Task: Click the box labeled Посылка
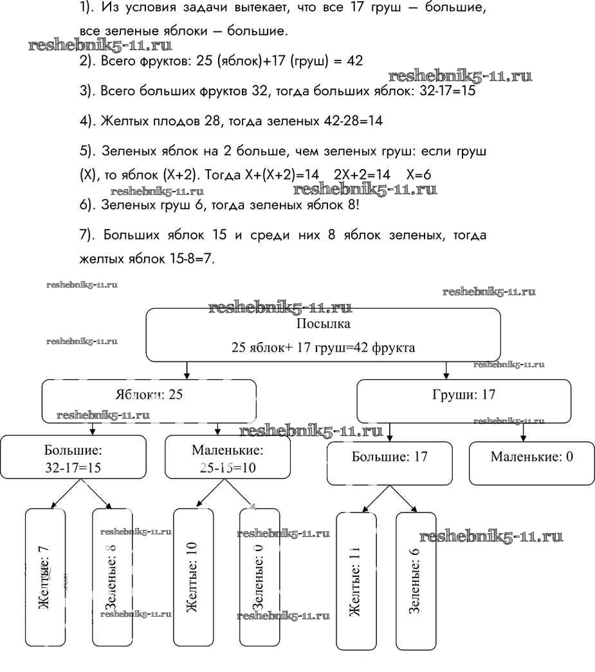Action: [323, 334]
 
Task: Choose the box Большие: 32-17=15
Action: [73, 458]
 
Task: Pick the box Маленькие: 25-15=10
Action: [223, 458]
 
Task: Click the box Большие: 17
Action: [390, 463]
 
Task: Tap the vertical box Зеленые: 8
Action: [112, 577]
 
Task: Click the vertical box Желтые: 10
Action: [193, 577]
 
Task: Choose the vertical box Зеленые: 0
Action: [259, 577]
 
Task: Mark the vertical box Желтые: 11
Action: [356, 581]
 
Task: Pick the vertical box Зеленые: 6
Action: [416, 581]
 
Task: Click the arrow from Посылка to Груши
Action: [447, 370]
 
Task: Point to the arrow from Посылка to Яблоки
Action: [187, 370]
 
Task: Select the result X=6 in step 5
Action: [418, 175]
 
